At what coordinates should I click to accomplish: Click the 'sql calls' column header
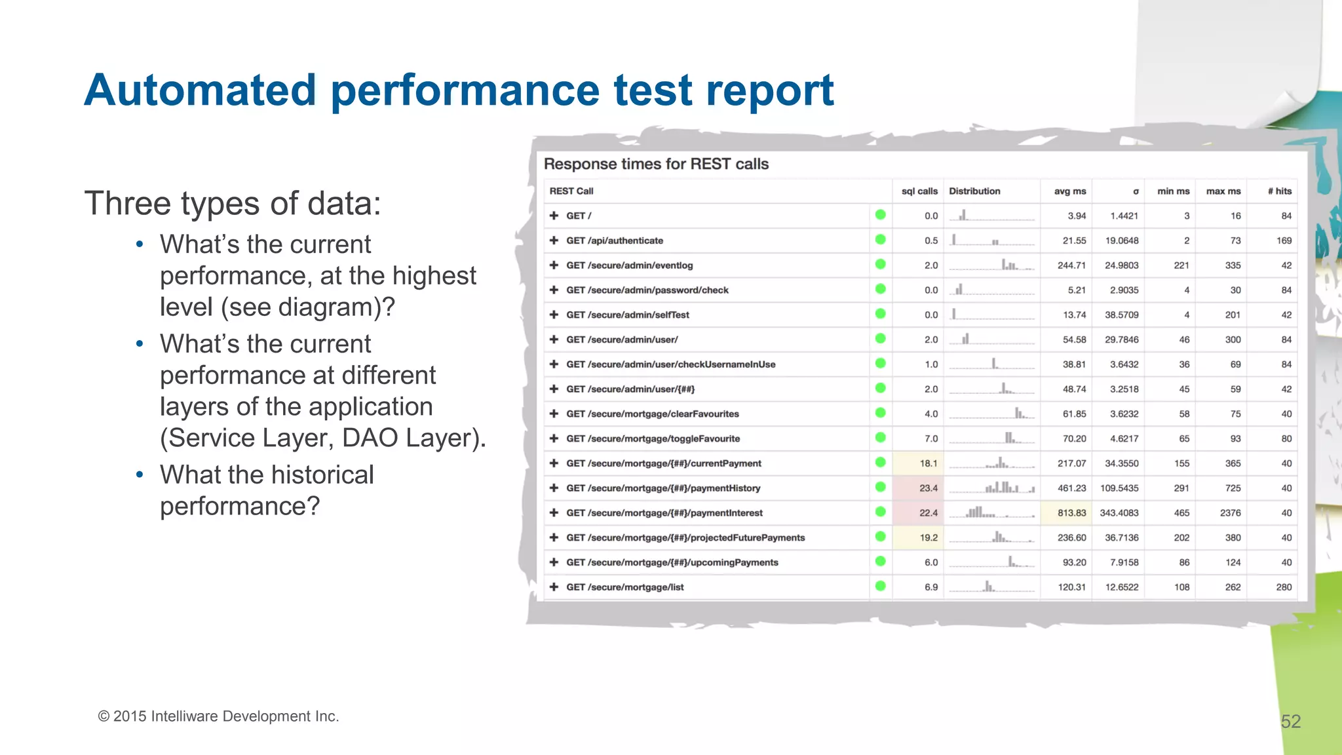point(919,191)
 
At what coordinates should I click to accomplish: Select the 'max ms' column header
point(1223,191)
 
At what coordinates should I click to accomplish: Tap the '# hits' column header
point(1279,191)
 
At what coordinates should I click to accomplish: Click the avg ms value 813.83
point(1071,513)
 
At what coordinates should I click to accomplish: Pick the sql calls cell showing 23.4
point(928,488)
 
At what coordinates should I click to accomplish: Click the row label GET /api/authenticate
point(615,241)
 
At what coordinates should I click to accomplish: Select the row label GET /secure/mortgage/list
point(624,587)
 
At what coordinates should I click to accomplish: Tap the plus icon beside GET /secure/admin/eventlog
point(554,265)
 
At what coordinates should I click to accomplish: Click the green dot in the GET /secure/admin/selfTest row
point(880,314)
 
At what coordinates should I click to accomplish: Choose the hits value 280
point(1284,587)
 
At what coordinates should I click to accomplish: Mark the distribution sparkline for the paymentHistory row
point(991,488)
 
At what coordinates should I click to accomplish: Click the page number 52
point(1290,722)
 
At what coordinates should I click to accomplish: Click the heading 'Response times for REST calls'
point(656,164)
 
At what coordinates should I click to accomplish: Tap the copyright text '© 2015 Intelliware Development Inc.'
point(218,716)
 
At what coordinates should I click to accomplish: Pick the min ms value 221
point(1181,265)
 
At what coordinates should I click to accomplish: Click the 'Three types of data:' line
point(232,203)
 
